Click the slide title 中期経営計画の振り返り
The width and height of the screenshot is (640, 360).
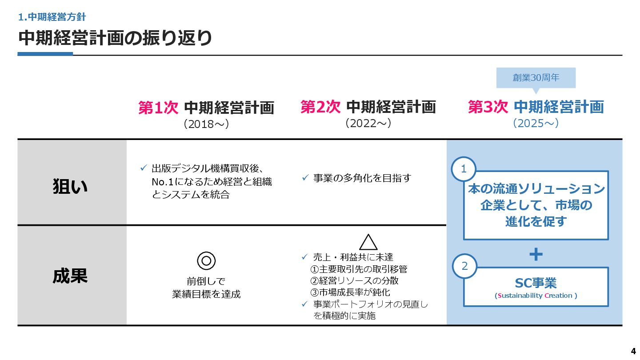pos(115,38)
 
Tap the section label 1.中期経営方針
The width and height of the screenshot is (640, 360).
pos(52,17)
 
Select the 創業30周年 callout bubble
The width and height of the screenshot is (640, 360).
pos(536,78)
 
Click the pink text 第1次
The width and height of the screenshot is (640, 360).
pos(158,108)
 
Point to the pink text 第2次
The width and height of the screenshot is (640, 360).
pos(320,107)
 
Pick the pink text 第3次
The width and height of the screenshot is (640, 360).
pos(488,107)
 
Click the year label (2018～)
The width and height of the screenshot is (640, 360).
pos(206,124)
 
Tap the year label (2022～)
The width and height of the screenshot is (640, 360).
pos(368,123)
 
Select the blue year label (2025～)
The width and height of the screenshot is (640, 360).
pos(536,123)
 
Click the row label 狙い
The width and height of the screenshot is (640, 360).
pos(70,187)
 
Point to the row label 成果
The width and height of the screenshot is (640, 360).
pos(70,276)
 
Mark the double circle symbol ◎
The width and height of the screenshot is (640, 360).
pos(206,260)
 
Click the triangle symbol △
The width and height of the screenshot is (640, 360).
pos(368,242)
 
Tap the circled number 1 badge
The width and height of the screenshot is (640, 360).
pos(464,169)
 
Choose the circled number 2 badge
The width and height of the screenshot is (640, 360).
pos(464,266)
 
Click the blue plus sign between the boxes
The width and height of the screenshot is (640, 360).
pos(536,254)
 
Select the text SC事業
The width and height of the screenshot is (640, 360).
pos(536,283)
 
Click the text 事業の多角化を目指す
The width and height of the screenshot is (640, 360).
pos(362,178)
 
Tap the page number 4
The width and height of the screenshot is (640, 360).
pos(633,349)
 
